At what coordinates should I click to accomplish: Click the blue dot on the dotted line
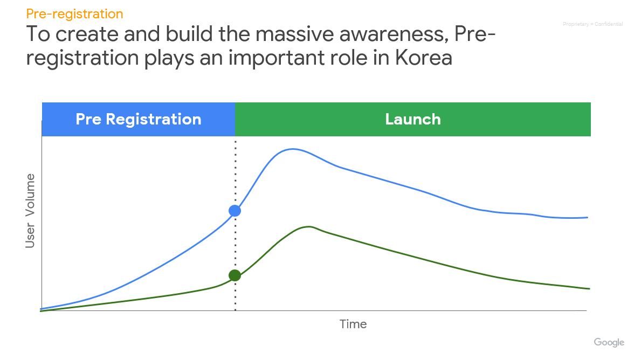235,211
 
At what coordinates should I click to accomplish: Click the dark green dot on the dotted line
235,275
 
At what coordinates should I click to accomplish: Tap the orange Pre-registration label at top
74,14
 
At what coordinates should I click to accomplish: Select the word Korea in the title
424,58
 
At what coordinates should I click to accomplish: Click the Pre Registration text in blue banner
139,119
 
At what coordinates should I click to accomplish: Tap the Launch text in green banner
413,119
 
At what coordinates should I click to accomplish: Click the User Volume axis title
30,210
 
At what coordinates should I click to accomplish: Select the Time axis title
353,324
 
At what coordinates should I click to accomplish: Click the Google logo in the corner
609,342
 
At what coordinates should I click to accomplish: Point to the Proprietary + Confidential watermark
593,24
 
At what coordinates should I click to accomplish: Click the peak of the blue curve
292,149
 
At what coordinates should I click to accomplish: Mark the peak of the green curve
309,226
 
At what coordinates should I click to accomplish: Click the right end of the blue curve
588,217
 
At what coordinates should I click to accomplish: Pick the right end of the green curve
590,289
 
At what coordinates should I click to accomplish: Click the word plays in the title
169,58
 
